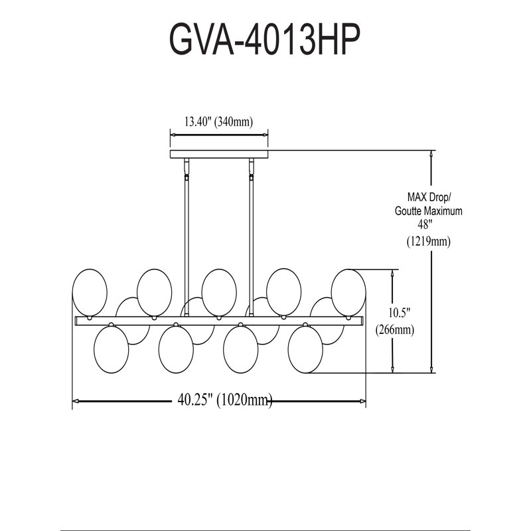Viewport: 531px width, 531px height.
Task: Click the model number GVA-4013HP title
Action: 264,40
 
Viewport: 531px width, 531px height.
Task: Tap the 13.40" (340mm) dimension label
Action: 219,121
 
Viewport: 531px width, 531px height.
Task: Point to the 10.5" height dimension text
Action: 400,313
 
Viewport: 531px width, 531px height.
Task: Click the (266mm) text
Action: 395,329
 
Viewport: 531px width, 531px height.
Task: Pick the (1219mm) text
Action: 429,241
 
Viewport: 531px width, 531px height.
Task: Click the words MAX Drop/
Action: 429,196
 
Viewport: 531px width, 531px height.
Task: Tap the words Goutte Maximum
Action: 428,211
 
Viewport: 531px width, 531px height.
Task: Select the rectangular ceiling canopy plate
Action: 219,154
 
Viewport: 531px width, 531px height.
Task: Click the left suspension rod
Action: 187,237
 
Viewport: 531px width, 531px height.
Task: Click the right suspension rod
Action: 252,237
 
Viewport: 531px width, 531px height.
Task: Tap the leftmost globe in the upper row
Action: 90,293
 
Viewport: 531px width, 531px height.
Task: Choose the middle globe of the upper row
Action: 219,293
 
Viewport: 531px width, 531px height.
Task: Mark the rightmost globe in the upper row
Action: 348,293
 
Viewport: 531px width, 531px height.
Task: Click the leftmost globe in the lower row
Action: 111,350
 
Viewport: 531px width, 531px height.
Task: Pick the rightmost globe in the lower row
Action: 305,350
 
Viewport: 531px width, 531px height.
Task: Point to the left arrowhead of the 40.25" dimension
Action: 76,401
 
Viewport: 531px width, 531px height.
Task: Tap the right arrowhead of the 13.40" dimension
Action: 265,135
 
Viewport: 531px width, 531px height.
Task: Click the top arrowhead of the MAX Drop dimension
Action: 431,153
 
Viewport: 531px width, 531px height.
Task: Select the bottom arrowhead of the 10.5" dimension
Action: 392,370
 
